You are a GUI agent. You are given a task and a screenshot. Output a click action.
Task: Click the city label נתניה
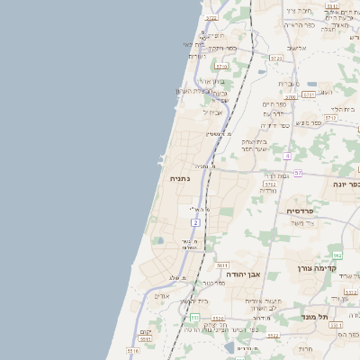pyautogui.click(x=180, y=178)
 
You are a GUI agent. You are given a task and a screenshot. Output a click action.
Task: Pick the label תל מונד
pyautogui.click(x=342, y=317)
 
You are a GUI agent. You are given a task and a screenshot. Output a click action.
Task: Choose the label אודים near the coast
pyautogui.click(x=162, y=296)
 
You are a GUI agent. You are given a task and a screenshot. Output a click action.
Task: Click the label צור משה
pyautogui.click(x=298, y=221)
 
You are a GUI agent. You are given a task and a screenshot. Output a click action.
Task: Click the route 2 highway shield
pyautogui.click(x=195, y=221)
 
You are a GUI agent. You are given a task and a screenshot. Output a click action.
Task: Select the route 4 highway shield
pyautogui.click(x=286, y=156)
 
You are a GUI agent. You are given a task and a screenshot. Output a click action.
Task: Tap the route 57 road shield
pyautogui.click(x=298, y=172)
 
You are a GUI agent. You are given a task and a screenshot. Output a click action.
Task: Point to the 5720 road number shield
pyautogui.click(x=275, y=58)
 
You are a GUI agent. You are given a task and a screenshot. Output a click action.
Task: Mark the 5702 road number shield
pyautogui.click(x=269, y=183)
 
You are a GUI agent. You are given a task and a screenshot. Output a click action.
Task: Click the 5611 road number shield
pyautogui.click(x=222, y=265)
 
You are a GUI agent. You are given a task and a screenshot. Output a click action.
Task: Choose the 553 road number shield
pyautogui.click(x=195, y=317)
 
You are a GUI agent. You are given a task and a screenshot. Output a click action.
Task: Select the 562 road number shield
pyautogui.click(x=337, y=256)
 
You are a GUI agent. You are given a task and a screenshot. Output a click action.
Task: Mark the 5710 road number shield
pyautogui.click(x=288, y=95)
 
